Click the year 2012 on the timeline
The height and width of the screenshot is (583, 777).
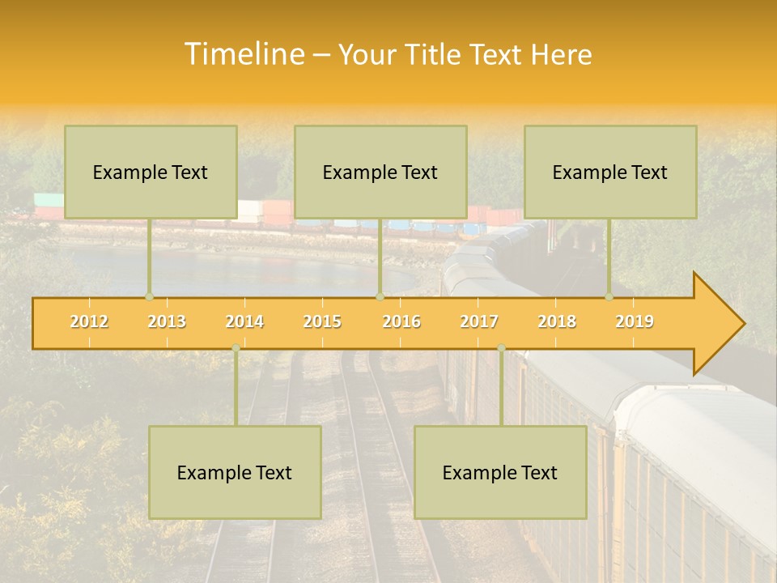click(89, 321)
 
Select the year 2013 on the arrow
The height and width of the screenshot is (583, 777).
click(167, 321)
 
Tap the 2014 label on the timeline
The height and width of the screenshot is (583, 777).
click(244, 321)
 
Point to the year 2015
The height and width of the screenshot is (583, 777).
click(322, 321)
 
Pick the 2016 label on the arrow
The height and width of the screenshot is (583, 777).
click(401, 321)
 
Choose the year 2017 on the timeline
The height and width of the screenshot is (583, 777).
click(479, 321)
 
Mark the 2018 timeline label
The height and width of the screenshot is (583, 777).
click(557, 321)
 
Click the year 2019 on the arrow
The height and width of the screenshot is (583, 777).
click(635, 321)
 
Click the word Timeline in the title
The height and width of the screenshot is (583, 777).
click(243, 54)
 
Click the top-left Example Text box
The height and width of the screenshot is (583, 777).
click(151, 172)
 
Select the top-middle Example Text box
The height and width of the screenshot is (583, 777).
click(380, 172)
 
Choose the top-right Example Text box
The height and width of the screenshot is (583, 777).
click(610, 172)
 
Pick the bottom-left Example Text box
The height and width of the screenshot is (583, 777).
click(235, 472)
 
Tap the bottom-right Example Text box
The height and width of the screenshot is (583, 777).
click(500, 472)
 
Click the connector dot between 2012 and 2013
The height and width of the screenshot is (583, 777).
click(149, 296)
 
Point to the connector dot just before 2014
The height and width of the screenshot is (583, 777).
click(236, 348)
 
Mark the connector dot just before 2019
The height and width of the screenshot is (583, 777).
click(609, 296)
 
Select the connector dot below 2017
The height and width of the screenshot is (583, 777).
click(501, 348)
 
